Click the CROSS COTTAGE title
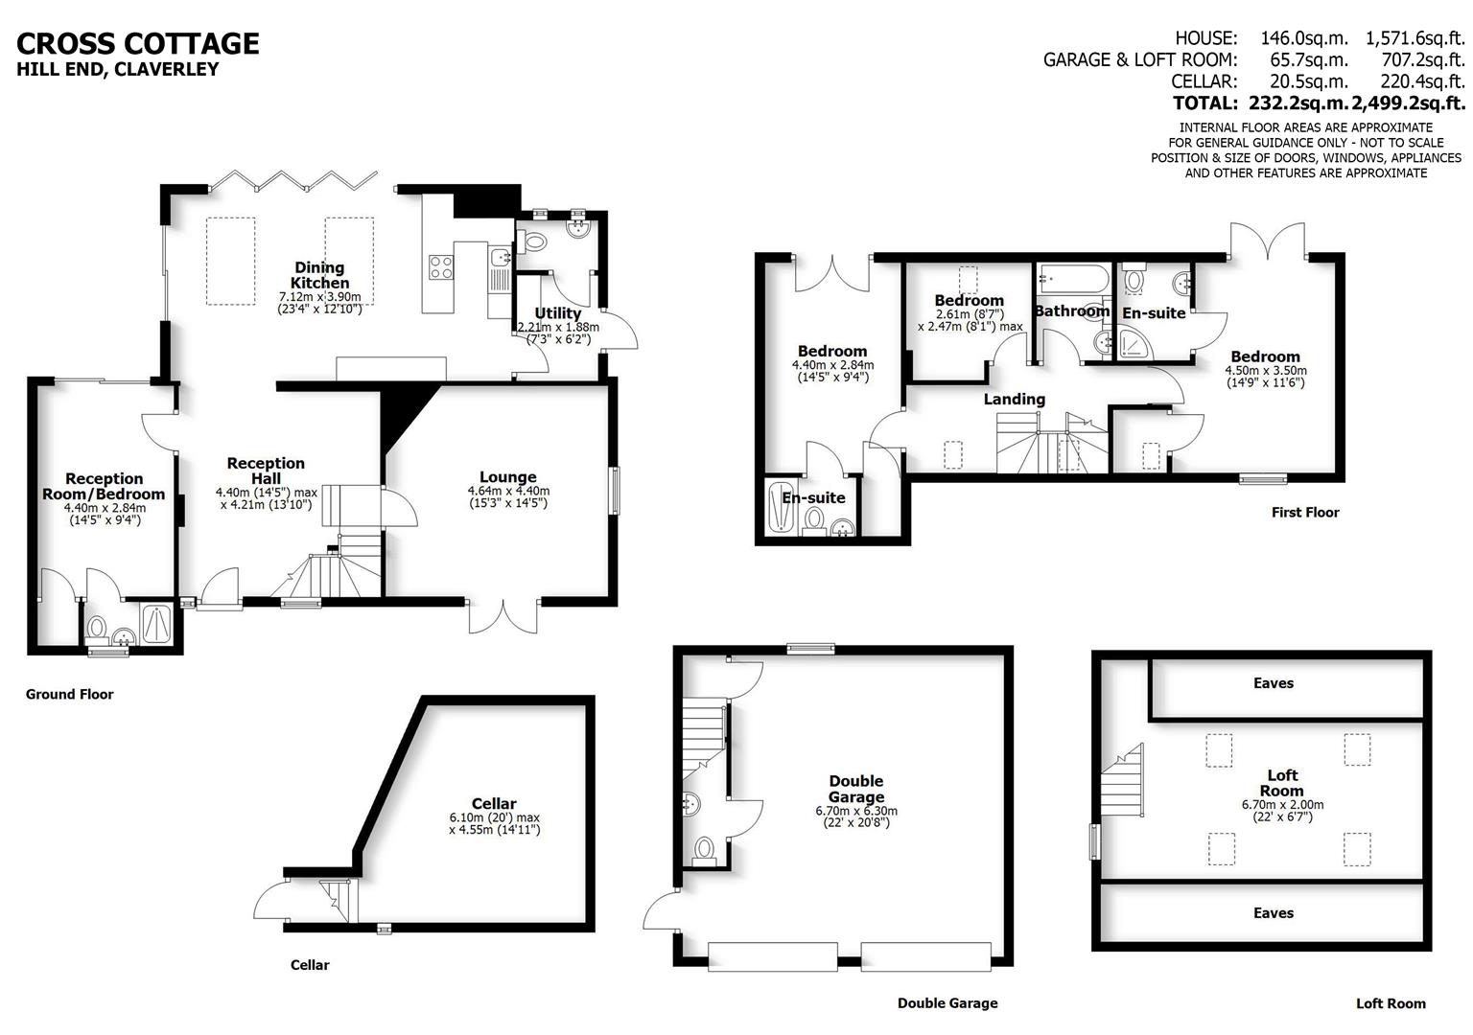[138, 43]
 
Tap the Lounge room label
[508, 477]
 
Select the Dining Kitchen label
[319, 275]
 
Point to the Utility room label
[557, 313]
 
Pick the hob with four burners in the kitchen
[439, 267]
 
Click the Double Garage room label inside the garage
[856, 789]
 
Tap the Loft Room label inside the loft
[1282, 783]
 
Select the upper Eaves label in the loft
[1273, 683]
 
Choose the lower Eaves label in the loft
[1273, 913]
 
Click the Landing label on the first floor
[1014, 400]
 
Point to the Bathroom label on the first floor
[1071, 310]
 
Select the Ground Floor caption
[69, 694]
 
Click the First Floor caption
[1305, 512]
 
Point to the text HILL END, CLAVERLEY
[118, 69]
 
